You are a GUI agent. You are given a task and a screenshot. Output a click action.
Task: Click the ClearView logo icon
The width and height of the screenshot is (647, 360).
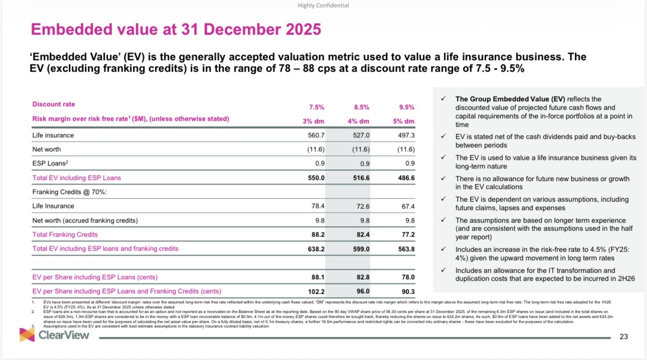[x=27, y=334]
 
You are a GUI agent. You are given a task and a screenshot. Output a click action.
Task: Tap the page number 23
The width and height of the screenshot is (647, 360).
[x=623, y=336]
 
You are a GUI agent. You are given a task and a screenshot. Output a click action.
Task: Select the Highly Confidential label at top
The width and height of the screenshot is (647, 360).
[x=323, y=6]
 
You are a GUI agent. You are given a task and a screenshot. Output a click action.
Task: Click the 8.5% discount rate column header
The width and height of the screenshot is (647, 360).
[x=361, y=107]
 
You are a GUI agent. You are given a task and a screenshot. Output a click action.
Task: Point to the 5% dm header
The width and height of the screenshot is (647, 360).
[x=403, y=121]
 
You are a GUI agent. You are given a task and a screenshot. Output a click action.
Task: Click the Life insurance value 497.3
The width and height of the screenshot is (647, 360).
[x=406, y=135]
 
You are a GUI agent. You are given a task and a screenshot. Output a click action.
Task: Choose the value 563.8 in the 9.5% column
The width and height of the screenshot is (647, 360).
[x=406, y=248]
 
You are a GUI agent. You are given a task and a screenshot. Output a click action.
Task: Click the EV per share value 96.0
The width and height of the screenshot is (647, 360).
[x=362, y=291]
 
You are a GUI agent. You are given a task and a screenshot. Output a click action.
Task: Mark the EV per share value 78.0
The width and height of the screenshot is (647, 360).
[x=406, y=277]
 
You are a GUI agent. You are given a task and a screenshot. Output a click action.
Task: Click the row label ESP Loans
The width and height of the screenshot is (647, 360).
[x=49, y=163]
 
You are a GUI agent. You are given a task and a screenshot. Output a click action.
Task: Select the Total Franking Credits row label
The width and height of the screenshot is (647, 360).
[x=65, y=234]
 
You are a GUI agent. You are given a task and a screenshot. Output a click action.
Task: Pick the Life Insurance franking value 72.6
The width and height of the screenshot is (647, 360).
[x=361, y=206]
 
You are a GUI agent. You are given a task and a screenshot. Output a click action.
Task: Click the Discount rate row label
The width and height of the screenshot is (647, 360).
[x=54, y=104]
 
